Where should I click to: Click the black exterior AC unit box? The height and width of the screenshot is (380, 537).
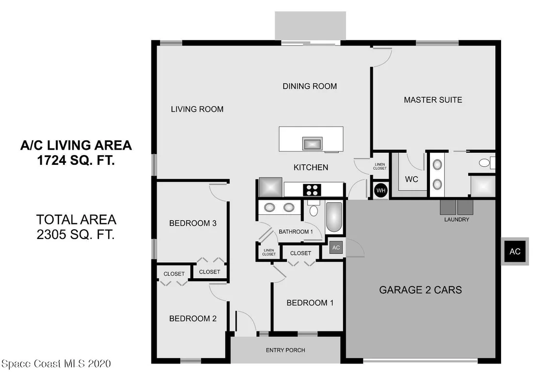(515, 252)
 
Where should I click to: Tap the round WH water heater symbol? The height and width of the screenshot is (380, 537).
(381, 190)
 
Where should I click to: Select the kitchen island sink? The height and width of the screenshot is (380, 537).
(312, 143)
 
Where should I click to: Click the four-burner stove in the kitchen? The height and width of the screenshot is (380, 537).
(312, 190)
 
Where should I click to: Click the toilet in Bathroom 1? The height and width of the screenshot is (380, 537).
(314, 208)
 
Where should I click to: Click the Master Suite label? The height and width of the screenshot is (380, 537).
(433, 100)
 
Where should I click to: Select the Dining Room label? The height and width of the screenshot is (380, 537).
(310, 86)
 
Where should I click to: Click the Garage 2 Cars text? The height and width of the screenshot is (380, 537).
(420, 290)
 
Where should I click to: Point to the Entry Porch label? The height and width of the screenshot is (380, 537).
(285, 350)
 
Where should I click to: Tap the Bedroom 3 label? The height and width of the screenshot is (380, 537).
(193, 223)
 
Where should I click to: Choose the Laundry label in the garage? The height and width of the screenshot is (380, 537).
(457, 220)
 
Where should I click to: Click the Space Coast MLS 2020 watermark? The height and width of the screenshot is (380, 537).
(56, 364)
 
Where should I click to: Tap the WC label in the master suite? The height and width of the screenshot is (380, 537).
(411, 179)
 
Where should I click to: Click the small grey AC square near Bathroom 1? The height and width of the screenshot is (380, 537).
(336, 248)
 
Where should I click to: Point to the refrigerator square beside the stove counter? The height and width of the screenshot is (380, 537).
(270, 187)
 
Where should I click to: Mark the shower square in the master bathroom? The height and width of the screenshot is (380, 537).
(483, 187)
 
